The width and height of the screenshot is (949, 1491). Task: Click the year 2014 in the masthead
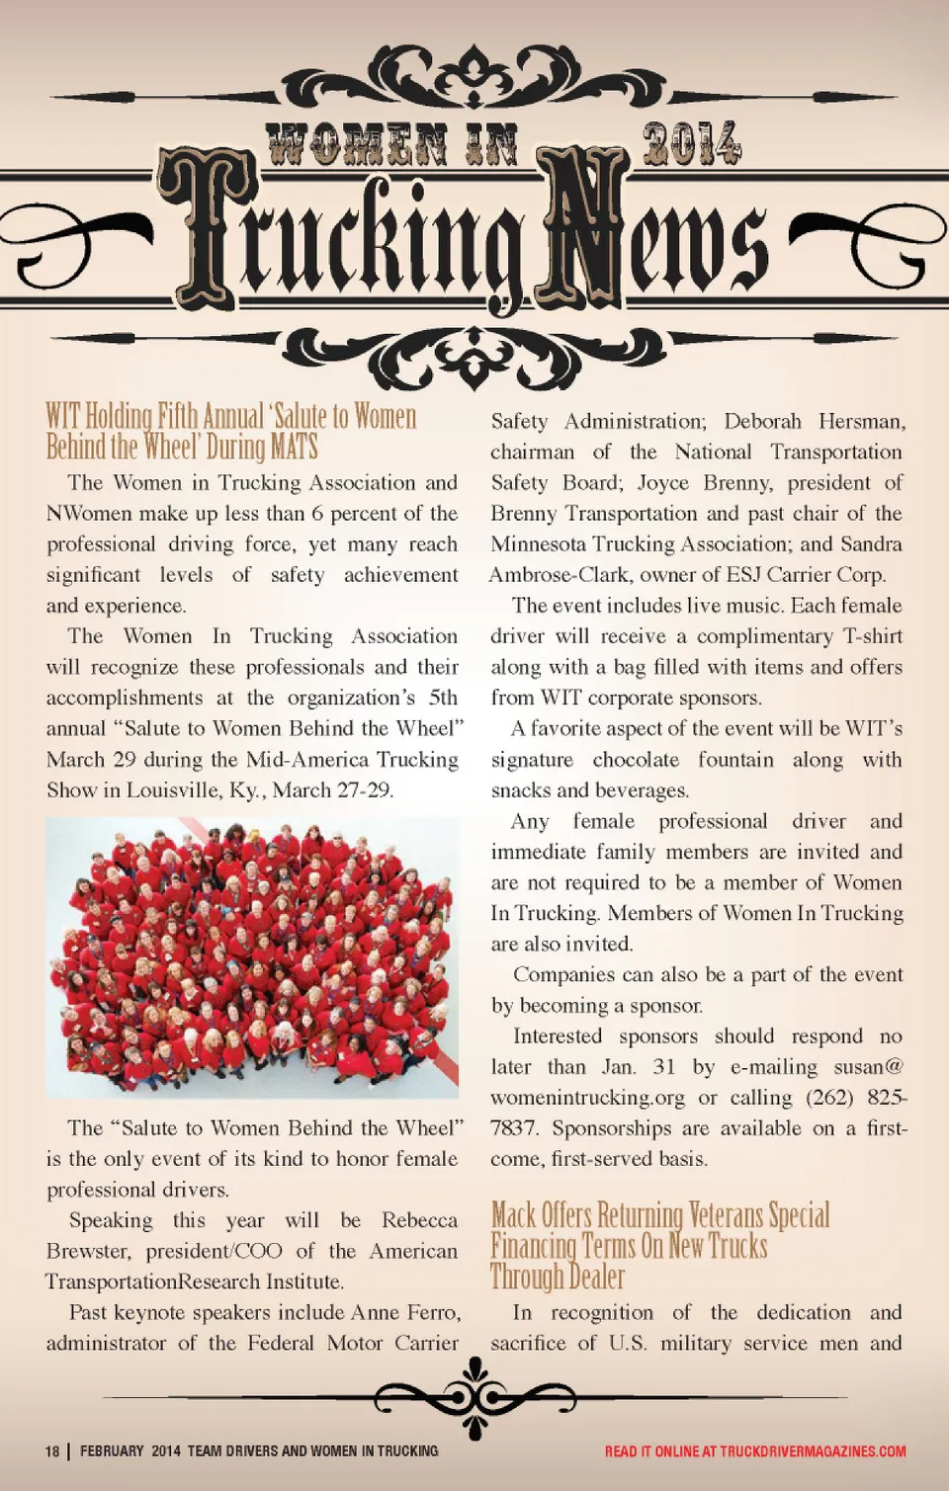(691, 144)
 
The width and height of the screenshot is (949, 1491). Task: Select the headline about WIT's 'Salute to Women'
(230, 431)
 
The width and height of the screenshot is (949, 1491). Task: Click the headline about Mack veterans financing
(659, 1245)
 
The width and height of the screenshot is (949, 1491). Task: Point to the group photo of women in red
(252, 957)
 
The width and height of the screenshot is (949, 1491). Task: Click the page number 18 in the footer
(51, 1451)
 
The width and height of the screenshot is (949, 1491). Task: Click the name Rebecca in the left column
(419, 1220)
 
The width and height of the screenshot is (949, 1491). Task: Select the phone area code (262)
(829, 1098)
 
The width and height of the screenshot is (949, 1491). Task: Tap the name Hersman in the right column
(861, 422)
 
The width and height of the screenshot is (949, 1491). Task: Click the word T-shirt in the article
(872, 636)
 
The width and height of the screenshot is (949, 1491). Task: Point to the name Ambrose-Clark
(559, 575)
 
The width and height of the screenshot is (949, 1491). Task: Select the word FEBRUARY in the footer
(112, 1451)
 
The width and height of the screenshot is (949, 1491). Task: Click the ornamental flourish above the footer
(475, 1397)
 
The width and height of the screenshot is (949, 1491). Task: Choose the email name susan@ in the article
(868, 1067)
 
